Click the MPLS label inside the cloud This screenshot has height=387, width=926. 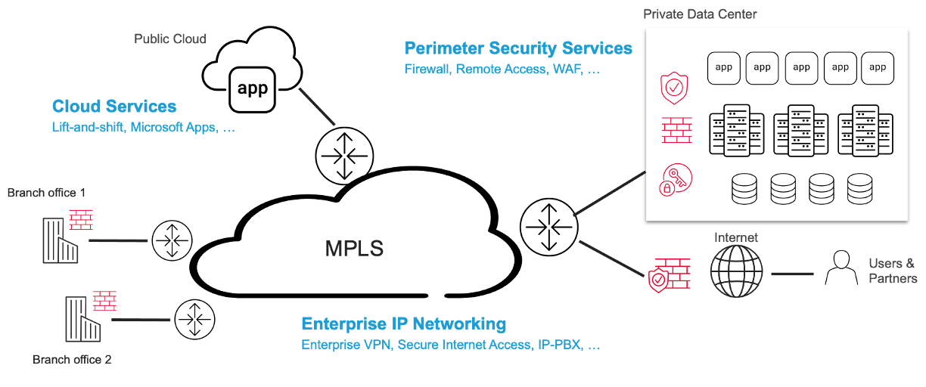point(354,248)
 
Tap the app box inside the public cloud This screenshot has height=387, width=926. point(252,90)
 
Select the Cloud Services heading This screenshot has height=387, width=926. point(114,106)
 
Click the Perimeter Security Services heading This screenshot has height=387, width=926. point(518,48)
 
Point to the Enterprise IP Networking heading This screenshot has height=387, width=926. point(403,324)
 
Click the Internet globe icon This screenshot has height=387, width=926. point(736,271)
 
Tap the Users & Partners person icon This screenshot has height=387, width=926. point(841,268)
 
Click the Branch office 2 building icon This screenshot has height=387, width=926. point(82,319)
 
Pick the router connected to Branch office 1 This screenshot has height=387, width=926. point(172,240)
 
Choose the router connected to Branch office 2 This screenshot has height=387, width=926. point(194,320)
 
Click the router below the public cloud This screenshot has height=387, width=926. point(344,156)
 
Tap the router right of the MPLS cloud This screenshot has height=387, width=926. point(549,228)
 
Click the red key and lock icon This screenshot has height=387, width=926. point(675,180)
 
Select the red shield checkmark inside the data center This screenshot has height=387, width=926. point(674,88)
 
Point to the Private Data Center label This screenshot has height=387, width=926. point(700,14)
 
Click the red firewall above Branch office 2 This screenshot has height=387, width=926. point(104,301)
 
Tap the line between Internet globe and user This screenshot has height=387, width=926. point(793,274)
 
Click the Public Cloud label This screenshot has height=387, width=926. point(170,39)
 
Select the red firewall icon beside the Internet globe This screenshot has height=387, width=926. point(670,275)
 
